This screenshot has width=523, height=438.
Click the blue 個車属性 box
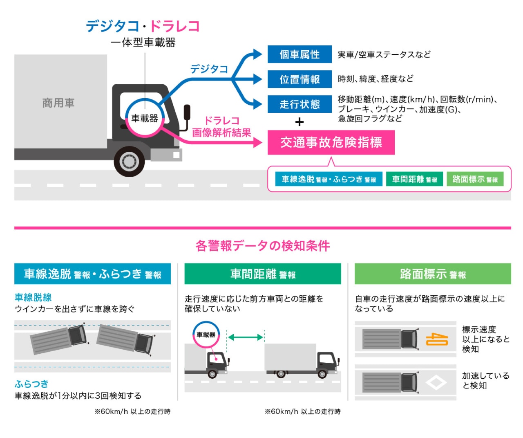coord(299,54)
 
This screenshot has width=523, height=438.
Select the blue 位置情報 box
coord(299,79)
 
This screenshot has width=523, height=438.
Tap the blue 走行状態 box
coord(299,104)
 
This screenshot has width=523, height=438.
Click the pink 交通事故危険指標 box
coord(331,142)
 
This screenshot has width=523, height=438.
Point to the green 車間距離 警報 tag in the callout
coord(414,179)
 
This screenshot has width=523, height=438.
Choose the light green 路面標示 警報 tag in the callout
coord(475,179)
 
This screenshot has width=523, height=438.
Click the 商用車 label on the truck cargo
coord(58,103)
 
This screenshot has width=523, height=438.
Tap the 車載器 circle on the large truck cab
coord(145,118)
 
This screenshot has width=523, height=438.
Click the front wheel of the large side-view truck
coord(129,161)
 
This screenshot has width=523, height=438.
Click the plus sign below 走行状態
coord(299,122)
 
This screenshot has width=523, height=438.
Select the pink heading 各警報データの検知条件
coord(262,246)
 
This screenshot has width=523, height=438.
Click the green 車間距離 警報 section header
coord(262,274)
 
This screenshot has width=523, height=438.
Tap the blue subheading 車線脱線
coord(33,297)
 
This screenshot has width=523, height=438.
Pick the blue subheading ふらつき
coord(31,384)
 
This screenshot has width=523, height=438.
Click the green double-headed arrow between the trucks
coord(245,337)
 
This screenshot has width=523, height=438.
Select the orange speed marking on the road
coord(437,339)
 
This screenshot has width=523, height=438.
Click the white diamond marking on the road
coord(436,383)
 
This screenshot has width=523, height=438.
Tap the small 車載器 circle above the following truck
coord(206,335)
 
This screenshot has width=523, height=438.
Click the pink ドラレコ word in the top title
coord(175,26)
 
